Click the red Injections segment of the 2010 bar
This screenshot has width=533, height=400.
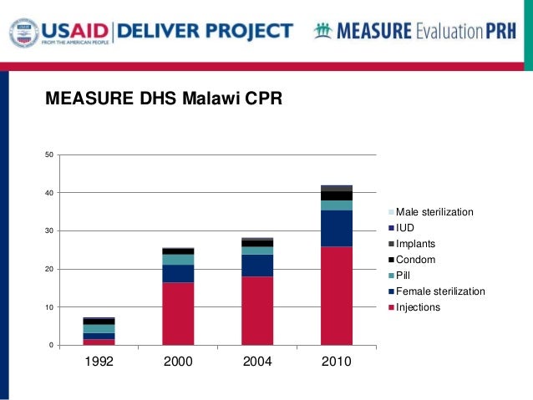pos(336,296)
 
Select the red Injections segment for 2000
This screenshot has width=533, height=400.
pos(178,314)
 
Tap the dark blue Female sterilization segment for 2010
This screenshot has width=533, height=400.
pos(336,228)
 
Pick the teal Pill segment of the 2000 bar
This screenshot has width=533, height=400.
pos(178,260)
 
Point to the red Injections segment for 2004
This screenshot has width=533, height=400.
pos(257,311)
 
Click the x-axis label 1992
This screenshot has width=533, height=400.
pos(99,362)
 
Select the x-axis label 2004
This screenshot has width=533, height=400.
pos(257,362)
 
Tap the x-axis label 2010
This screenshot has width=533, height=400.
pos(336,362)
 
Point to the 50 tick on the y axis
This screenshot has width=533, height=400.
pos(49,154)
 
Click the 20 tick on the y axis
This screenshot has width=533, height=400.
pos(49,270)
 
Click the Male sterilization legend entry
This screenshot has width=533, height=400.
pos(434,212)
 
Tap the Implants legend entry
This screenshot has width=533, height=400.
pos(417,244)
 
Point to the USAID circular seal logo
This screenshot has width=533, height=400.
pos(23,33)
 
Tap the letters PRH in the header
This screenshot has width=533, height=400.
pos(506,32)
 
